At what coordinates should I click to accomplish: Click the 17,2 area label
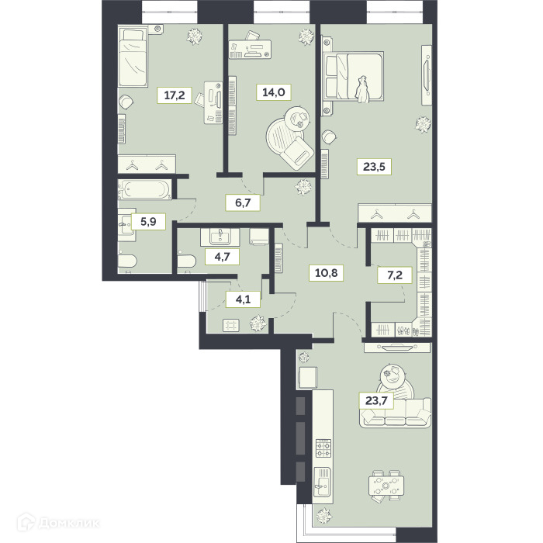pyautogui.click(x=175, y=95)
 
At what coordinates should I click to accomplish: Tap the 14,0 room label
pyautogui.click(x=274, y=92)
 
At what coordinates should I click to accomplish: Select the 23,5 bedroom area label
pyautogui.click(x=374, y=167)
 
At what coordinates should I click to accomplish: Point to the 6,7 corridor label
pyautogui.click(x=243, y=202)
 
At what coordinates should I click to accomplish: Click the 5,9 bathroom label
pyautogui.click(x=148, y=222)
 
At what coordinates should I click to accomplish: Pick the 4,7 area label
pyautogui.click(x=222, y=257)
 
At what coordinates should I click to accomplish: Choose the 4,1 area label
pyautogui.click(x=243, y=299)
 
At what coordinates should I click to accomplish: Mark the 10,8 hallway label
pyautogui.click(x=327, y=273)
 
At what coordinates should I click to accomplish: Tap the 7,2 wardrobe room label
pyautogui.click(x=395, y=275)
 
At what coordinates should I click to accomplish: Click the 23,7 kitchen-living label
pyautogui.click(x=376, y=401)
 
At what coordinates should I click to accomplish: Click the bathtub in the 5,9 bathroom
pyautogui.click(x=144, y=189)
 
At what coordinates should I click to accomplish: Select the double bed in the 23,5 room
pyautogui.click(x=353, y=78)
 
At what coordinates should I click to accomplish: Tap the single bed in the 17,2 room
pyautogui.click(x=132, y=57)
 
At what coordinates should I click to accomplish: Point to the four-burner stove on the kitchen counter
pyautogui.click(x=323, y=448)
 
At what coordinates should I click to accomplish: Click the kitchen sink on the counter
pyautogui.click(x=322, y=482)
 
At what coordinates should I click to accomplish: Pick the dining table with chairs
pyautogui.click(x=386, y=486)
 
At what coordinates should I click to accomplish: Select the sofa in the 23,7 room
pyautogui.click(x=396, y=413)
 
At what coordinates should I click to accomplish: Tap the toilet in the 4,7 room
pyautogui.click(x=186, y=261)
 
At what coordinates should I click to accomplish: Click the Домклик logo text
pyautogui.click(x=69, y=523)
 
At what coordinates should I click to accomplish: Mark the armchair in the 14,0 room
pyautogui.click(x=296, y=154)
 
